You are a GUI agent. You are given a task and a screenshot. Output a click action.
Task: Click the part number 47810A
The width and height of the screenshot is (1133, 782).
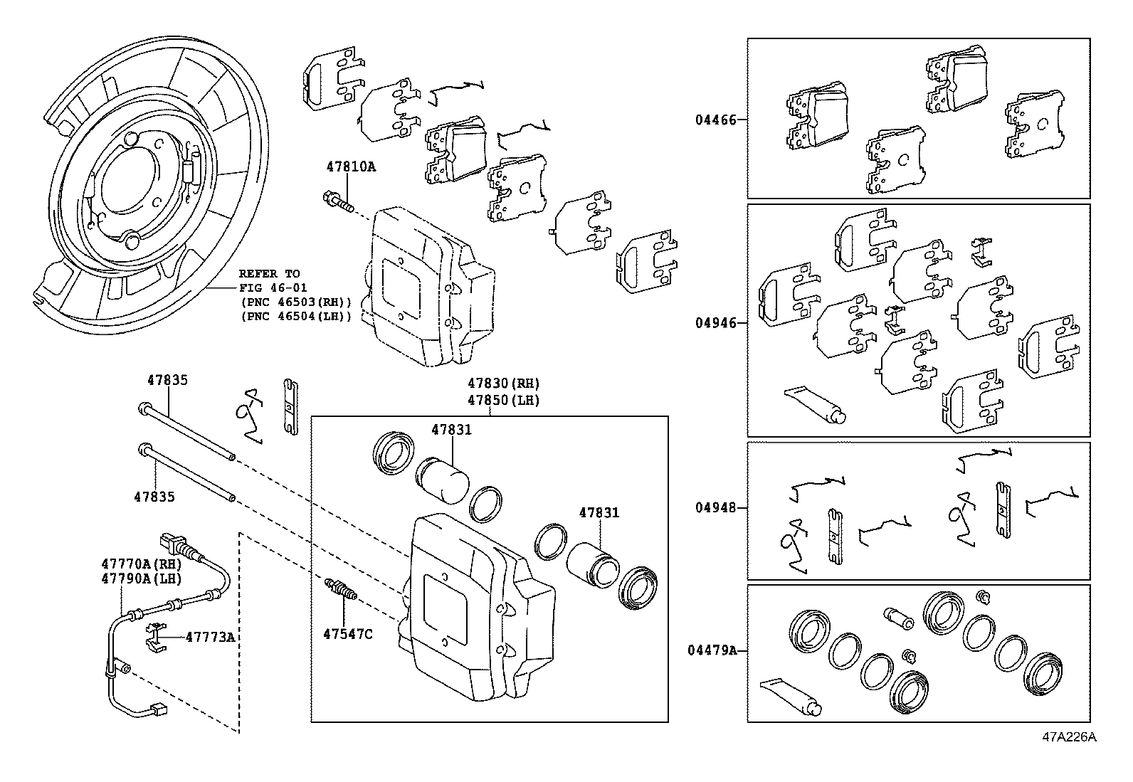(351, 167)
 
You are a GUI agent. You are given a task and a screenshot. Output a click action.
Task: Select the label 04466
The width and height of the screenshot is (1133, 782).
(716, 120)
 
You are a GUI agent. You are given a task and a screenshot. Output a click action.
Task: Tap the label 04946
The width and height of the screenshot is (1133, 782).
(716, 323)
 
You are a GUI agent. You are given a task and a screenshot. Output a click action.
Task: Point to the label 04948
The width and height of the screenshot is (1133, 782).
(716, 508)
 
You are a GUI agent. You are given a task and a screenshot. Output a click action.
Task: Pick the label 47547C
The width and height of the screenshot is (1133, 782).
(347, 633)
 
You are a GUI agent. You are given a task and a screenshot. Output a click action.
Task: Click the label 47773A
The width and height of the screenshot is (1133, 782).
(210, 637)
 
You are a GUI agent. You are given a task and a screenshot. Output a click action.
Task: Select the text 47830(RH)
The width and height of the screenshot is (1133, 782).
(503, 384)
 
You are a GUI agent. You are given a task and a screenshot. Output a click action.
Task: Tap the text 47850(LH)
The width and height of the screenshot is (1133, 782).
(503, 400)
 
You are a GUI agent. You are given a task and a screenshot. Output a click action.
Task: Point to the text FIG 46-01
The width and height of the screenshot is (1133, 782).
(269, 288)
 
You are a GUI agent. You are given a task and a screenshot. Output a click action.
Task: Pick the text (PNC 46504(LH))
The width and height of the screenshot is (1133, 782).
(296, 316)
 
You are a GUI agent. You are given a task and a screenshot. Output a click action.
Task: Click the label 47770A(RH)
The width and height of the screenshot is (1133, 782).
(142, 564)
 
